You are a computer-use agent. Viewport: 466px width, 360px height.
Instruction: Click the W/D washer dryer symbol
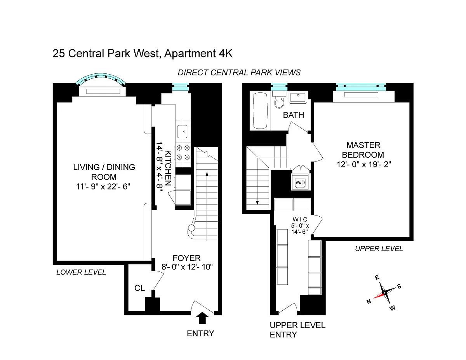point(300,182)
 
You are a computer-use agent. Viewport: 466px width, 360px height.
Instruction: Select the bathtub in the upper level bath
point(260,111)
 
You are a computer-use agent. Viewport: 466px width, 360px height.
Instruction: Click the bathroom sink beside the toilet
point(298,97)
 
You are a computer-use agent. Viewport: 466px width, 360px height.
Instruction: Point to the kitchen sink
point(182,131)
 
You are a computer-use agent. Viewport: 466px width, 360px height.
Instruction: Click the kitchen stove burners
point(183,153)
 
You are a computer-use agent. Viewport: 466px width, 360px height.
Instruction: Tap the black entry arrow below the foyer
point(202,318)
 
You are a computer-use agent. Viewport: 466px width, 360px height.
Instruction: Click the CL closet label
point(140,288)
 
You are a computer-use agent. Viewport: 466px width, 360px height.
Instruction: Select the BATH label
point(293,115)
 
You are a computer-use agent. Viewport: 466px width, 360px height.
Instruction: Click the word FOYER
point(186,258)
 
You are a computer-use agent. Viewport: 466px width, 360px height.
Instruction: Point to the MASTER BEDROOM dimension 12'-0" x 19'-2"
point(364,164)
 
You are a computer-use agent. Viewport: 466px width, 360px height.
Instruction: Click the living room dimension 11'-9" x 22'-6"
point(103,186)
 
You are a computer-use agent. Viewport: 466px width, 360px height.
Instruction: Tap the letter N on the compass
point(369,301)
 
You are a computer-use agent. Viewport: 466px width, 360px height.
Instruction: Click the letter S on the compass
point(399,287)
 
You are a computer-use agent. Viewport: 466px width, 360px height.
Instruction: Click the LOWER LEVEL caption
point(81,272)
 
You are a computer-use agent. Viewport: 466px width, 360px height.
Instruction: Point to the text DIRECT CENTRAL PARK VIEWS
point(239,73)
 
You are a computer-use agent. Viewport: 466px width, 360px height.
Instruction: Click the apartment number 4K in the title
point(226,53)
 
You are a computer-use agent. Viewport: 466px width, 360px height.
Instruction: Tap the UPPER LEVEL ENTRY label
point(297,330)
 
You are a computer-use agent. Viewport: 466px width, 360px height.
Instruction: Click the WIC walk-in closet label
point(300,219)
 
